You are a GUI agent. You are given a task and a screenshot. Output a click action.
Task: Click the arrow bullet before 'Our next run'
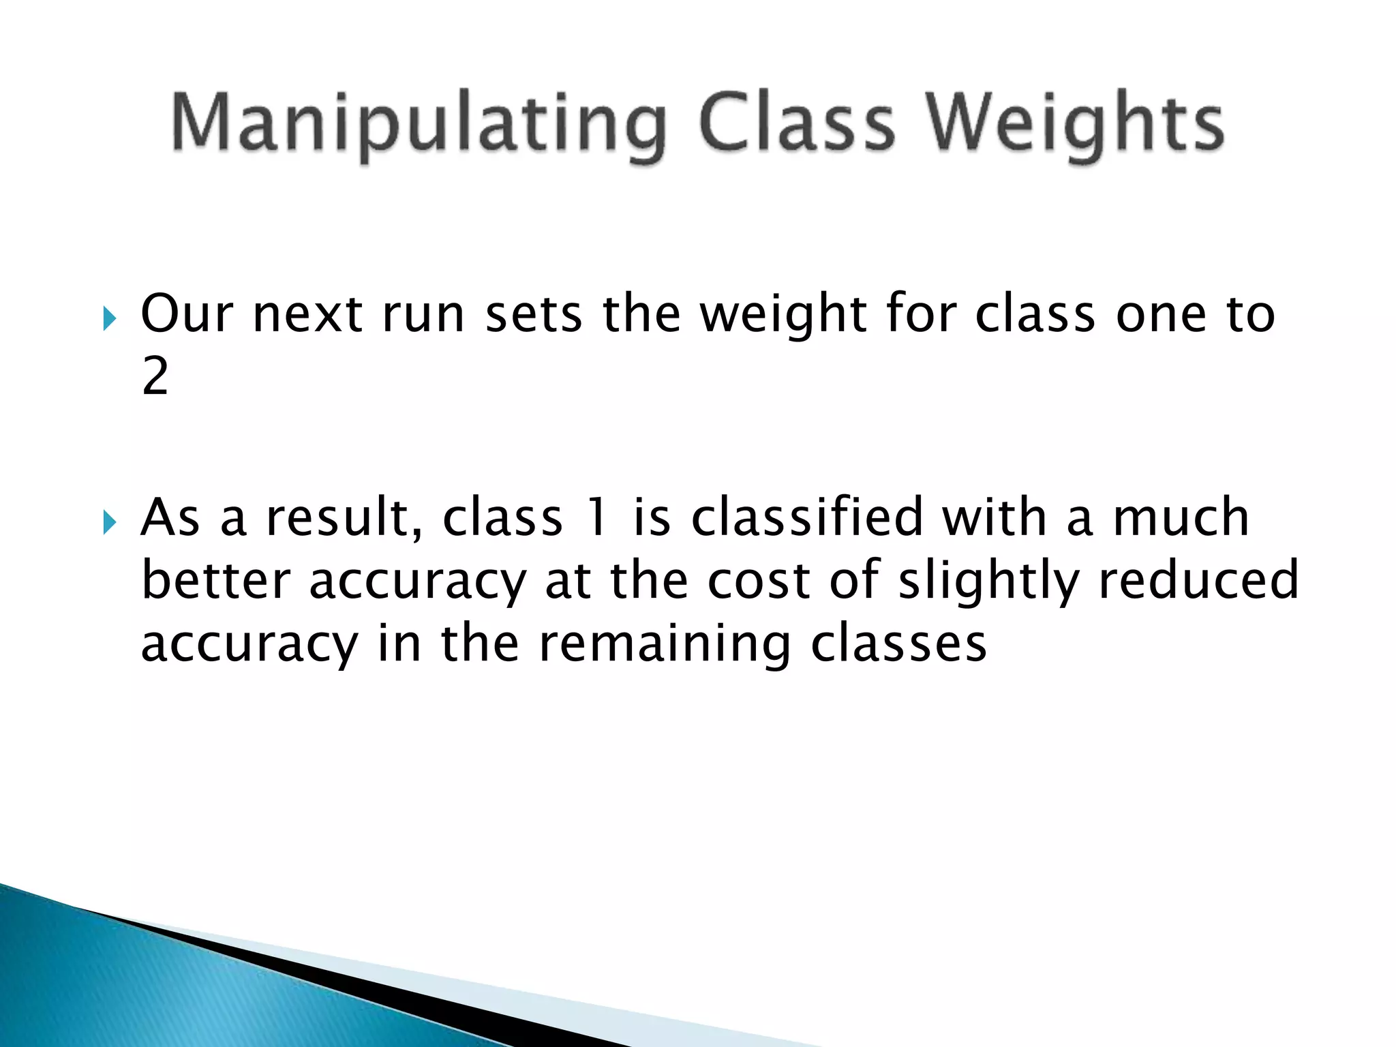tap(109, 318)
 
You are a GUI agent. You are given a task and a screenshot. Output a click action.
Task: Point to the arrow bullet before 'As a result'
tap(109, 522)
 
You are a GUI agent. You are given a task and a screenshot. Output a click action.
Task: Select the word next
tap(307, 316)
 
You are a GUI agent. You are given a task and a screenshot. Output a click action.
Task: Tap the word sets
tap(533, 316)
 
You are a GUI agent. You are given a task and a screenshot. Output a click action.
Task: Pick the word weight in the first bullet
tap(783, 316)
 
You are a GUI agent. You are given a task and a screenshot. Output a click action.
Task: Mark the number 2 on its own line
tap(155, 376)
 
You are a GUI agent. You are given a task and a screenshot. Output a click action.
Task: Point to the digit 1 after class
tap(597, 517)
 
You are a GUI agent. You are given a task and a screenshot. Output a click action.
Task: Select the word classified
tap(807, 517)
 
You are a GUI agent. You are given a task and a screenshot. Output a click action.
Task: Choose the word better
tap(215, 580)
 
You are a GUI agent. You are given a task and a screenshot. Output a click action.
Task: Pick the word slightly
tap(988, 581)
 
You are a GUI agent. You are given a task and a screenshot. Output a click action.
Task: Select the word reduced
tap(1199, 580)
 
